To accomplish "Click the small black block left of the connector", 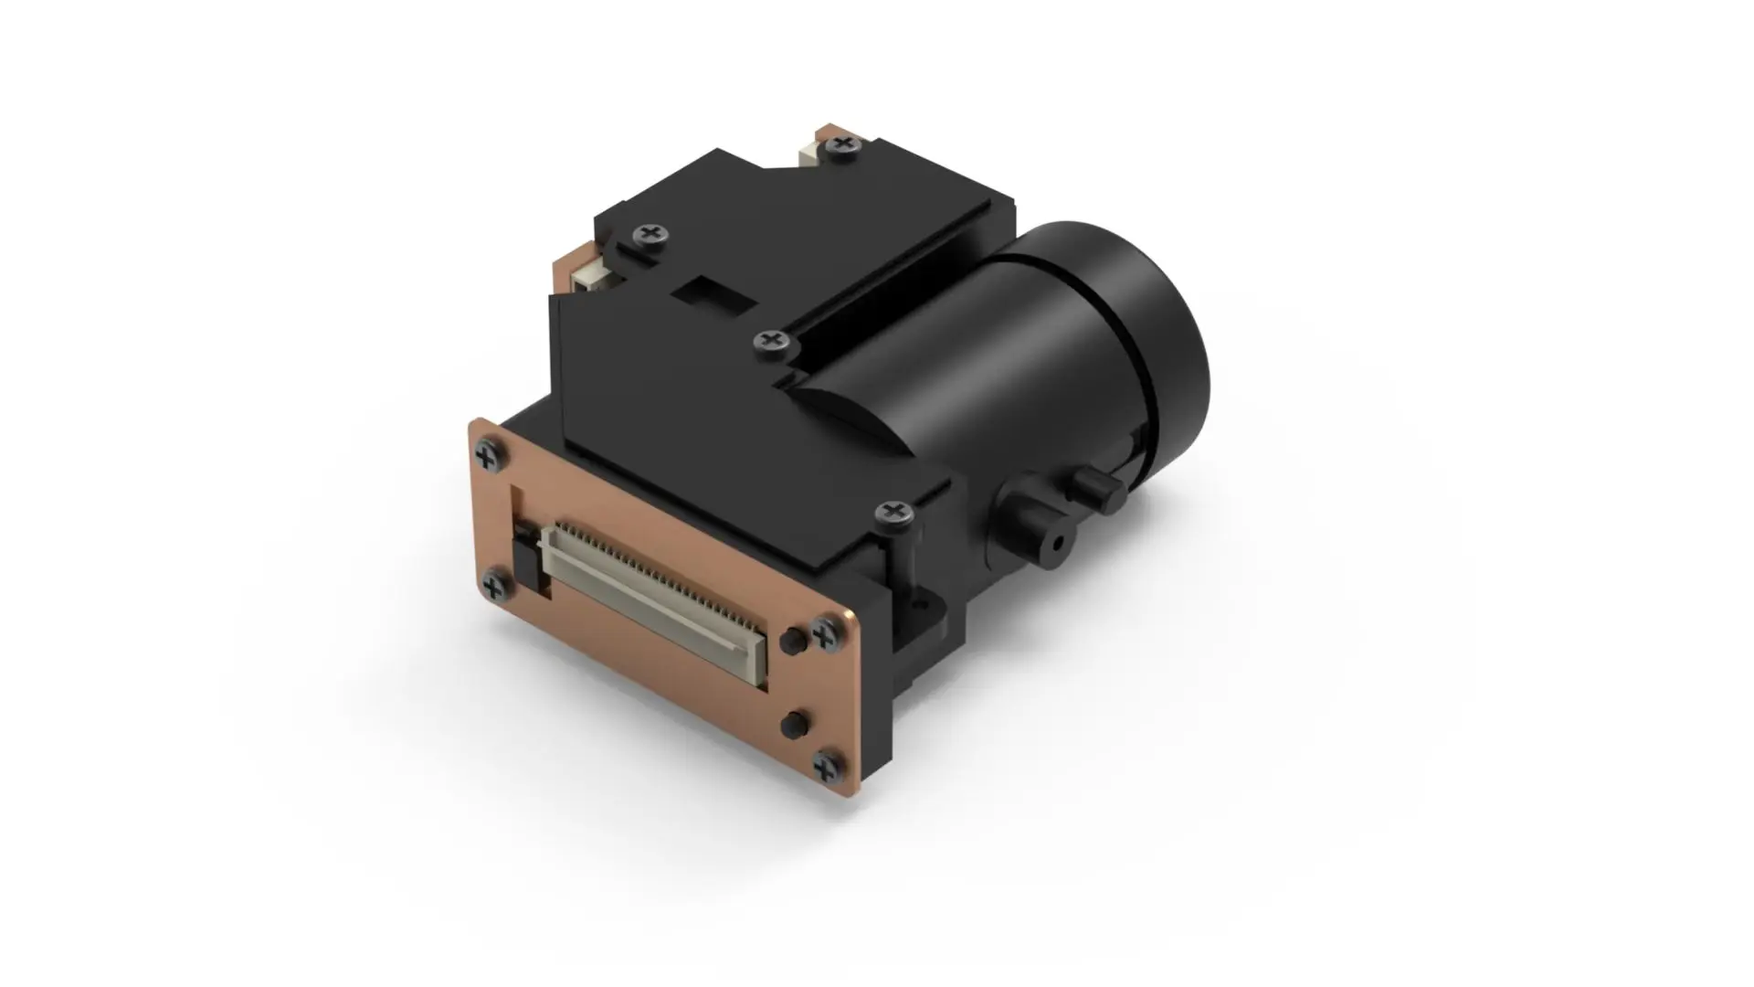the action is [x=526, y=558].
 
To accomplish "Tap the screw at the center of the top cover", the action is [x=771, y=342].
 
